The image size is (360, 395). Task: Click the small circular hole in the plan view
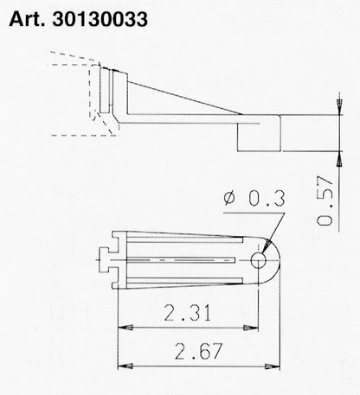pos(258,258)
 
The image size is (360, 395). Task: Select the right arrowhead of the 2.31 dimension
pos(254,328)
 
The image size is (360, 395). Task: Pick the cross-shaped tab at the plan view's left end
pos(104,258)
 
